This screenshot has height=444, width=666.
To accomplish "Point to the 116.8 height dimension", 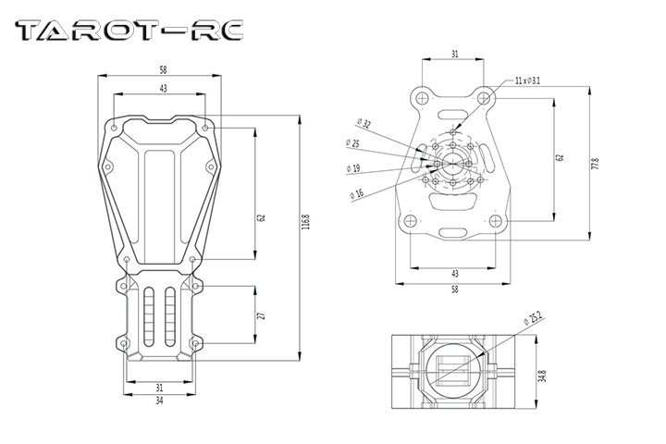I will click(306, 224).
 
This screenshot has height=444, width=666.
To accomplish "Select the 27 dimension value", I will click(262, 316).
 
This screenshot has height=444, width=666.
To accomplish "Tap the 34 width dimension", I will click(159, 401).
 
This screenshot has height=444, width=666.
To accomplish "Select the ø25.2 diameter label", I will click(532, 320).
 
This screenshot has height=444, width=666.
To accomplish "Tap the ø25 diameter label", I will click(353, 143).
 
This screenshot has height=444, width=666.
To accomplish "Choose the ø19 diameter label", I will click(353, 168).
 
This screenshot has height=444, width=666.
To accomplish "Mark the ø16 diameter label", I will click(357, 192).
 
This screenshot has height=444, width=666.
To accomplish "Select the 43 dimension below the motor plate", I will click(454, 274).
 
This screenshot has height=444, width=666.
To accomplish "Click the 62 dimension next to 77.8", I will click(559, 157).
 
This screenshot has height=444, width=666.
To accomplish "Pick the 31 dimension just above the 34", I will click(159, 387).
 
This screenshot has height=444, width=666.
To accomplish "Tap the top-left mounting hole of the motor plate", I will click(420, 96).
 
